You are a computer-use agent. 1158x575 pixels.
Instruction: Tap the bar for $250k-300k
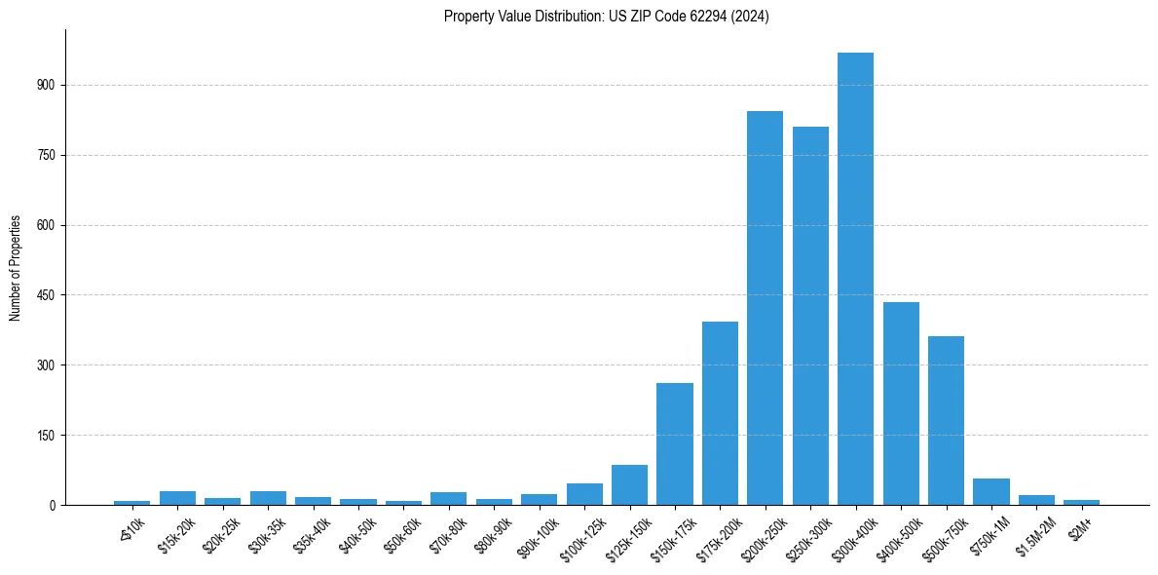(810, 316)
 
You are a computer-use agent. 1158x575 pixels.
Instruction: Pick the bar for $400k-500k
(901, 403)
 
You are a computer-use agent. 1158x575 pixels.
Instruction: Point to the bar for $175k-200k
(720, 413)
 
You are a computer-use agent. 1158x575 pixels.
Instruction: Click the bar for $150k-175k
(675, 443)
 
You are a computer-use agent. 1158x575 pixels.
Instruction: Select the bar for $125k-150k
(629, 485)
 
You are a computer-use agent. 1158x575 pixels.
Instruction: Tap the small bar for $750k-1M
(991, 492)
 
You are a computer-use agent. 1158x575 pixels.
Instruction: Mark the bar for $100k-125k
(584, 494)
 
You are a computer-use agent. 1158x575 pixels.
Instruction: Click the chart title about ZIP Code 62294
(606, 17)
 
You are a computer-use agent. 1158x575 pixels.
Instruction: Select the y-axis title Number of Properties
(16, 268)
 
